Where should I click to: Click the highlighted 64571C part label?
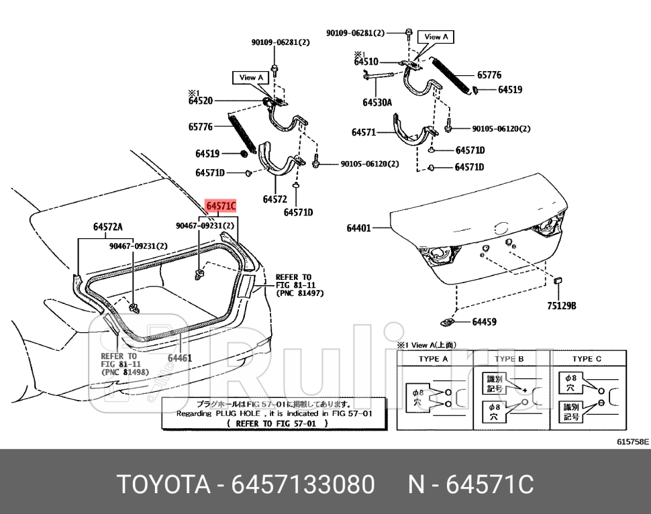(x=220, y=206)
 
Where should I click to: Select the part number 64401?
(x=358, y=228)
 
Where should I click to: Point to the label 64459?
(x=484, y=322)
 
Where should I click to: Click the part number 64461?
(x=179, y=358)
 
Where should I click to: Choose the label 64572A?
(x=107, y=227)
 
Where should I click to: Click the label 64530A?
(x=377, y=103)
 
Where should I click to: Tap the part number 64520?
(x=201, y=101)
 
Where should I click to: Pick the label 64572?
(x=275, y=199)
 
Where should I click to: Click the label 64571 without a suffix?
(x=364, y=132)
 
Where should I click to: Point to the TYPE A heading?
(x=434, y=359)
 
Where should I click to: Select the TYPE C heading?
(x=587, y=359)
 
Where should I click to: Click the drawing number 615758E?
(x=632, y=442)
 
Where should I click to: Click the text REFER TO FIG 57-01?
(x=277, y=423)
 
